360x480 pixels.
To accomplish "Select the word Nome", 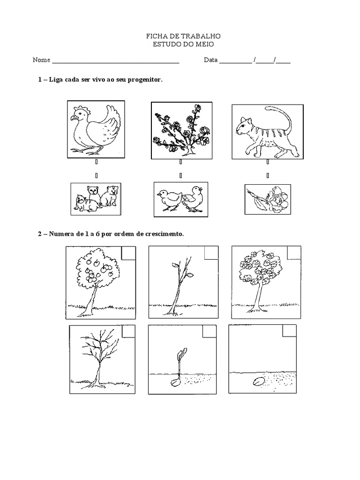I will click(41, 60).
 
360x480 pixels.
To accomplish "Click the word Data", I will click(210, 60).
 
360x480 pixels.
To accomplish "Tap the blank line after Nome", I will click(115, 61).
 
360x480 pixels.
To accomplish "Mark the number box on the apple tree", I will click(128, 253).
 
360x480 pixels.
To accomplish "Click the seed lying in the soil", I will click(258, 382).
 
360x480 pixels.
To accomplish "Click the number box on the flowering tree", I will click(294, 253).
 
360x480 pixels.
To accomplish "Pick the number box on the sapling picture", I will click(211, 253).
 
